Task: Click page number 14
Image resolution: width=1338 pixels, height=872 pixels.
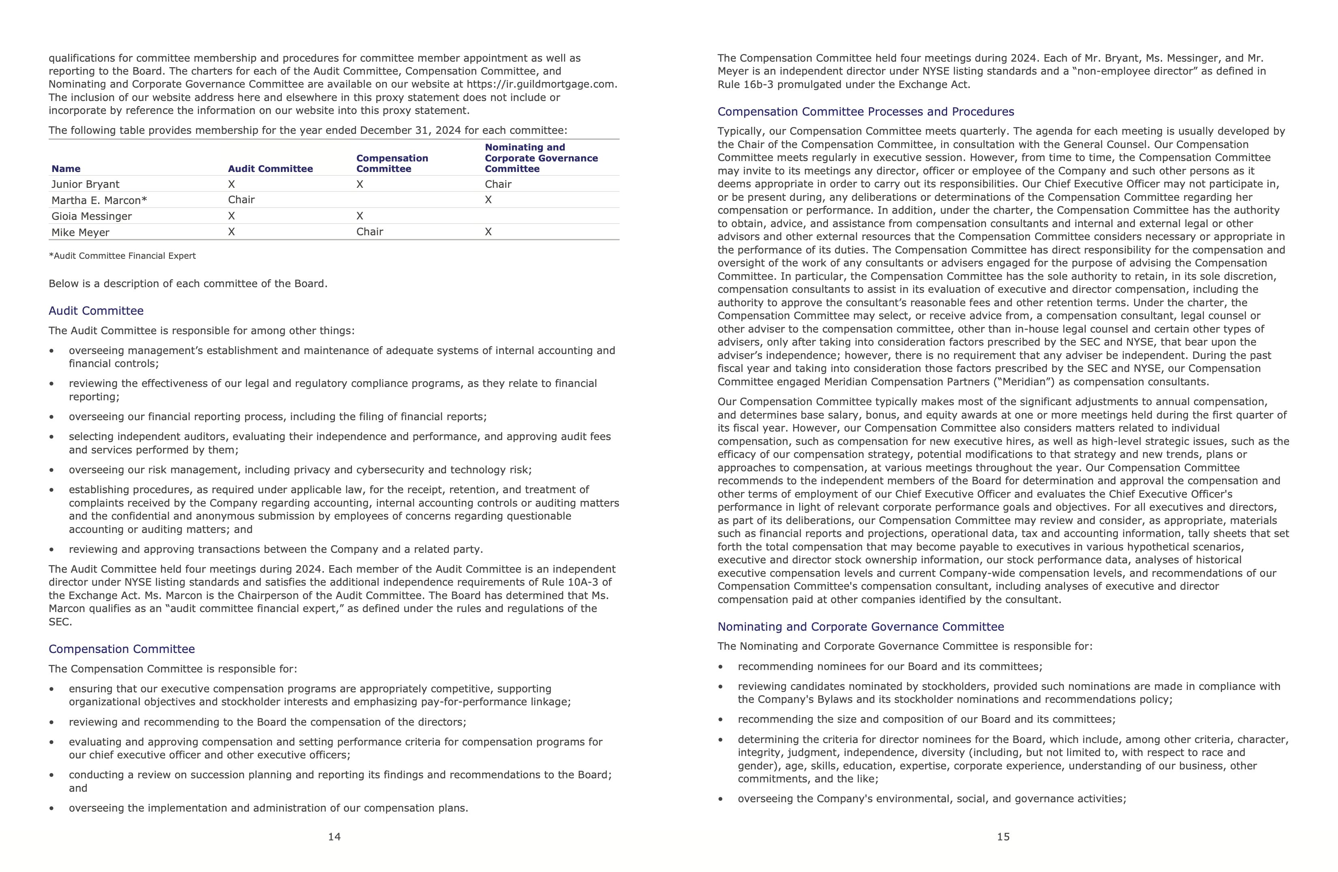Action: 334,837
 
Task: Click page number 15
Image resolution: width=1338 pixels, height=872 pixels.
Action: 1003,837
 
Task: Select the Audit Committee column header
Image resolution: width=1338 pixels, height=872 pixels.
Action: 270,169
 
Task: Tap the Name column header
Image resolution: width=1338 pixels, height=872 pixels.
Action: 66,169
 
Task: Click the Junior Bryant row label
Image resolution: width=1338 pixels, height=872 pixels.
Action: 86,185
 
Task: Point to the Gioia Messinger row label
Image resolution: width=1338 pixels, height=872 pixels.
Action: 92,217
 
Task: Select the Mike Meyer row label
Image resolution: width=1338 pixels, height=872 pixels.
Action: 80,232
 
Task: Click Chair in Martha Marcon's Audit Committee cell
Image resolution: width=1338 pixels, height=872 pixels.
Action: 241,200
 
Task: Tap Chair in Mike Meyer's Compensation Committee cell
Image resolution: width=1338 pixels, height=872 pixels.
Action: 369,232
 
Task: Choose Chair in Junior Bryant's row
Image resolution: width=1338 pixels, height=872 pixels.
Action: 497,185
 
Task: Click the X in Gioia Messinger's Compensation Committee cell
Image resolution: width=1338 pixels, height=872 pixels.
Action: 360,216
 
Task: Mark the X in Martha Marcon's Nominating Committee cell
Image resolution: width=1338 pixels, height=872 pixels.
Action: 488,200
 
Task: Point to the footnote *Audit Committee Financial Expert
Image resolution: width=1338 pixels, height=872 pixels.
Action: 122,256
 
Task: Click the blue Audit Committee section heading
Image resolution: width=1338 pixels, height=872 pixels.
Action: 96,311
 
